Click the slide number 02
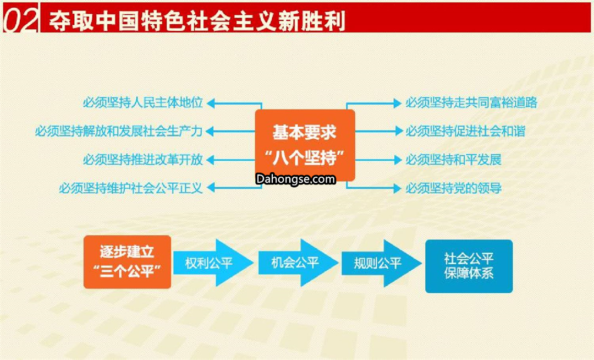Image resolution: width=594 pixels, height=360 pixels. point(20,19)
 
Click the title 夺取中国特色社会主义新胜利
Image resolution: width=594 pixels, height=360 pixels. point(197,19)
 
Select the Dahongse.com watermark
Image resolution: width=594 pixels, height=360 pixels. point(295,179)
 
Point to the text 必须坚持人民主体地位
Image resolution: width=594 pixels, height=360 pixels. point(143,103)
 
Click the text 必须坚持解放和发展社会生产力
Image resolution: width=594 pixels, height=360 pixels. point(119,131)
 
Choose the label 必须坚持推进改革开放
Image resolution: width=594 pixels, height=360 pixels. point(143,160)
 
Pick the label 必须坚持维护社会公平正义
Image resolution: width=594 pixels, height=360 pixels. point(131,188)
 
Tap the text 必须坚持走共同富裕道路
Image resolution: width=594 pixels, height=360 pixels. point(471,103)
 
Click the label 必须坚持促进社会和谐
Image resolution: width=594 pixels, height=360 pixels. point(465,131)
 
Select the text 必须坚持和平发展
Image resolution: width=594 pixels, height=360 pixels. point(453,160)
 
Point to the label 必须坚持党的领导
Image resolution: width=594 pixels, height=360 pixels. point(453,188)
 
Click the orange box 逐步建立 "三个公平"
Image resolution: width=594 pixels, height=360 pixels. point(127,262)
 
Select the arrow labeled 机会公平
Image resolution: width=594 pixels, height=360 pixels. point(298,263)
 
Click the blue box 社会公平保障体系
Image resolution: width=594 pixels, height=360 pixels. point(469,266)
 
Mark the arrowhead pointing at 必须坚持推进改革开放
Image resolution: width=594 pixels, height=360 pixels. point(211,160)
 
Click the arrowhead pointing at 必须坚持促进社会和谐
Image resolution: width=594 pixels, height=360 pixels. point(399,131)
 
